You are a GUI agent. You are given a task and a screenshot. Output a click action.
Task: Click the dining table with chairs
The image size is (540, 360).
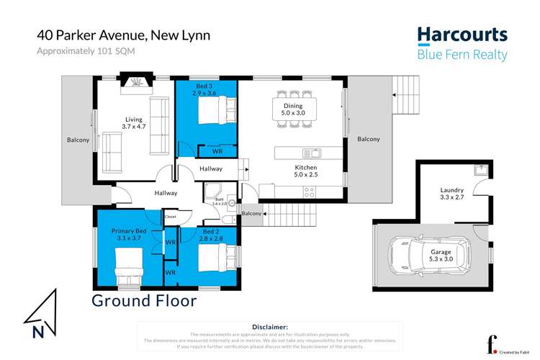pos(294,109)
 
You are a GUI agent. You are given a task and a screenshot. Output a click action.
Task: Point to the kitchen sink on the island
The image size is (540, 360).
pos(312,153)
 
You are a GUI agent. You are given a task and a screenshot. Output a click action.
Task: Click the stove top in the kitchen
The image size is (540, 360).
pos(310,192)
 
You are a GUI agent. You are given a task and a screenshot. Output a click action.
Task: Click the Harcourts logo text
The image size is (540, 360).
pos(462,35)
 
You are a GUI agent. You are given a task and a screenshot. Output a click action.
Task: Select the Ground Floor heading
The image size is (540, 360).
pos(143,300)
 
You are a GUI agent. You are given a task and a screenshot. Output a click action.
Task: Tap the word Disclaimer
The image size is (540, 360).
pos(270,327)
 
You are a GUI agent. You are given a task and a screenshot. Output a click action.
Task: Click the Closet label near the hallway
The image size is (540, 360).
pos(171,215)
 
